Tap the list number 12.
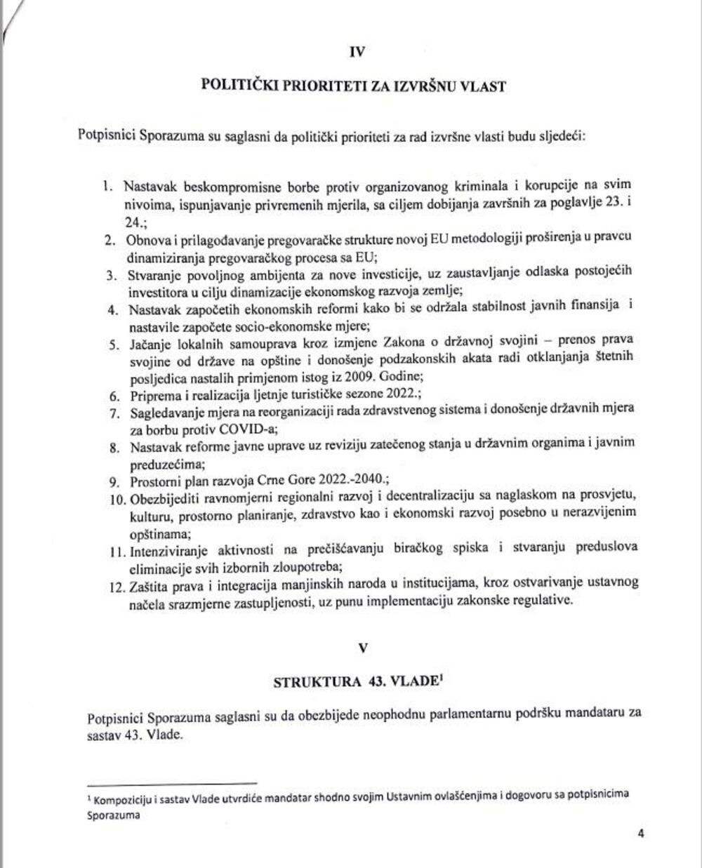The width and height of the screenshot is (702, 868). click(x=112, y=584)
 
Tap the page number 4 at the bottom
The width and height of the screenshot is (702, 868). click(x=640, y=834)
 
